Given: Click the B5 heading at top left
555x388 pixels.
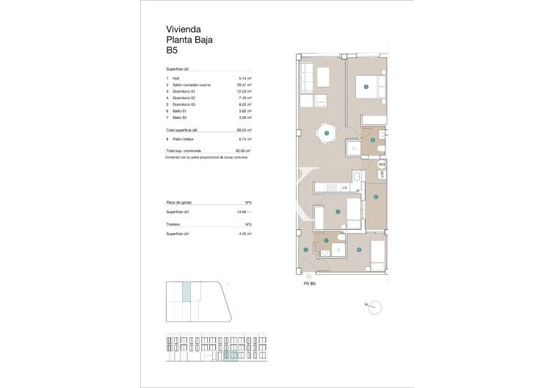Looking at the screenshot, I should [x=173, y=51].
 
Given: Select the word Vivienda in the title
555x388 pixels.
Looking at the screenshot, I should [x=184, y=29].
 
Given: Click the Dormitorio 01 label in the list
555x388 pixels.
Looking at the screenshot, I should [x=185, y=91].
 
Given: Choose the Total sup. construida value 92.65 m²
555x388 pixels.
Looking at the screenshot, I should [x=244, y=151].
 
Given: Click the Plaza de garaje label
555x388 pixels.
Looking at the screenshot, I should [x=181, y=202].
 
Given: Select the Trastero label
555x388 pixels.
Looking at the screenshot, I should [x=174, y=224].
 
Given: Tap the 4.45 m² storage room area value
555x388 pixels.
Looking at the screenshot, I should [x=245, y=234].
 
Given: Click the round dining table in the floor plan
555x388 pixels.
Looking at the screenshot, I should [x=327, y=133].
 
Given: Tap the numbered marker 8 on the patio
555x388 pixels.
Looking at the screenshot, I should [x=375, y=196].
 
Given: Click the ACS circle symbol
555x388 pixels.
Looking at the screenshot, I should [x=382, y=165].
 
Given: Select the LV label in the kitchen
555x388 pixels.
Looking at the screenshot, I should [x=344, y=188].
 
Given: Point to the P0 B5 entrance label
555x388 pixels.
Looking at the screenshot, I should [x=309, y=283].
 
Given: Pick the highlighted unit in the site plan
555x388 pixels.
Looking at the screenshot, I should [x=187, y=292].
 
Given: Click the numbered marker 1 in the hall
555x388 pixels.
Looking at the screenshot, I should [x=306, y=251].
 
